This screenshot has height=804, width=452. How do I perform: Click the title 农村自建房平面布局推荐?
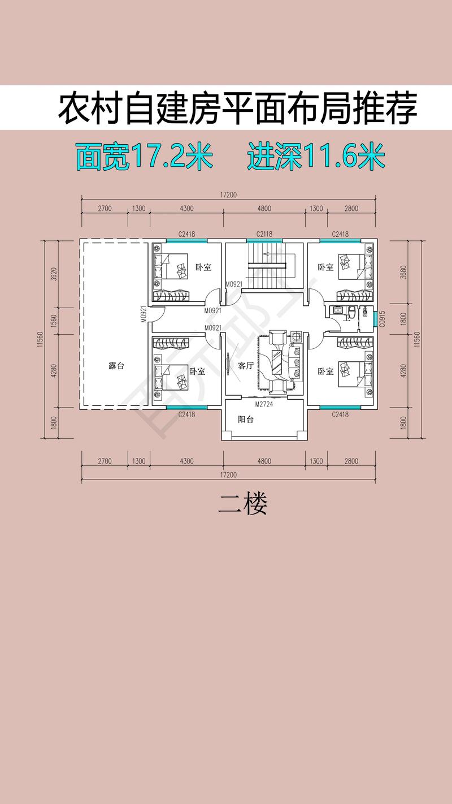tap(237, 108)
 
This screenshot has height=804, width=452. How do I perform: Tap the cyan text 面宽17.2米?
tap(144, 157)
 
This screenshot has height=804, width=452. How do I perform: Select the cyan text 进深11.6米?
tap(316, 157)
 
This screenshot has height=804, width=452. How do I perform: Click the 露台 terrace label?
tap(116, 366)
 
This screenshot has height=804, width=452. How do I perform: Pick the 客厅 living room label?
tap(246, 366)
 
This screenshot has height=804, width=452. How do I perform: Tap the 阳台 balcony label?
tap(246, 420)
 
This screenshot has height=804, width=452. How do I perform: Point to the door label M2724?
tap(264, 405)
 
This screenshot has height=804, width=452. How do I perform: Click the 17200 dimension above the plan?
tap(229, 195)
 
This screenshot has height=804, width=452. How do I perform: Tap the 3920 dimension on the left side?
tap(54, 277)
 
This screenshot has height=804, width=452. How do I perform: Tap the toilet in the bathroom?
tap(351, 313)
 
